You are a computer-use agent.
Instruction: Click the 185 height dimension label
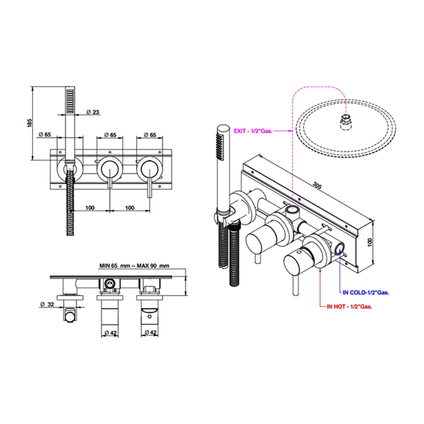click(x=30, y=123)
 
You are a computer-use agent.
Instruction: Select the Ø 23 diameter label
click(x=93, y=112)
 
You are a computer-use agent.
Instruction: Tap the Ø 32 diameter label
click(x=47, y=305)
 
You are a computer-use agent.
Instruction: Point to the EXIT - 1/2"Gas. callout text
click(x=253, y=131)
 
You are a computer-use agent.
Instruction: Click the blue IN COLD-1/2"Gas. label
click(x=366, y=293)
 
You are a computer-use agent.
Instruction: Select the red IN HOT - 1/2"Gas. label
click(x=349, y=306)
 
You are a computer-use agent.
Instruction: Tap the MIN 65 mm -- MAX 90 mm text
click(x=134, y=266)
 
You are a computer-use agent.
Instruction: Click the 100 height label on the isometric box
click(x=370, y=242)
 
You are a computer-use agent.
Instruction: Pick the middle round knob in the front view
click(x=110, y=170)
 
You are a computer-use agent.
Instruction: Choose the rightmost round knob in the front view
click(x=150, y=170)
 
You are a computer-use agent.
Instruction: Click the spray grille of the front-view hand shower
click(x=70, y=101)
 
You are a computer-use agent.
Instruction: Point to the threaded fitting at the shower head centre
click(x=346, y=122)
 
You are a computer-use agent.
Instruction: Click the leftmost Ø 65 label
click(x=45, y=134)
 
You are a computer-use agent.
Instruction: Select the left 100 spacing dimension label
click(x=90, y=208)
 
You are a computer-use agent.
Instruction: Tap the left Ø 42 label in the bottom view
click(x=110, y=333)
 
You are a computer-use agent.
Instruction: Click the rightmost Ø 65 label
click(x=150, y=134)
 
